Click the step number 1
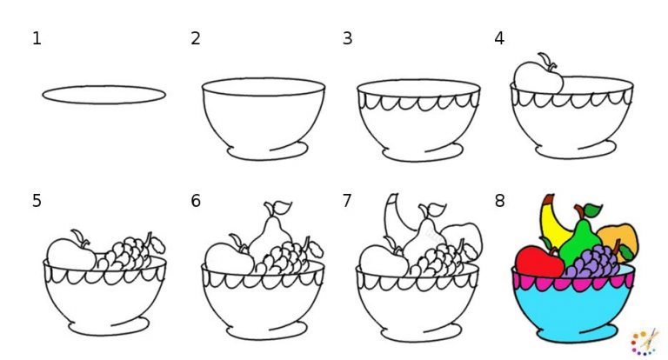(37, 38)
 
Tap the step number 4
(499, 38)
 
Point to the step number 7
(347, 201)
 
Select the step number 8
(499, 201)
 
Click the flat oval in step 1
(104, 95)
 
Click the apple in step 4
(538, 77)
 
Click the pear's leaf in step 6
(282, 207)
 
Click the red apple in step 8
(539, 261)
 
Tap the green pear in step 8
(582, 239)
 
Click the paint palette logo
(644, 341)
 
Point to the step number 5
(37, 201)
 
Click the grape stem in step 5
(150, 238)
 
